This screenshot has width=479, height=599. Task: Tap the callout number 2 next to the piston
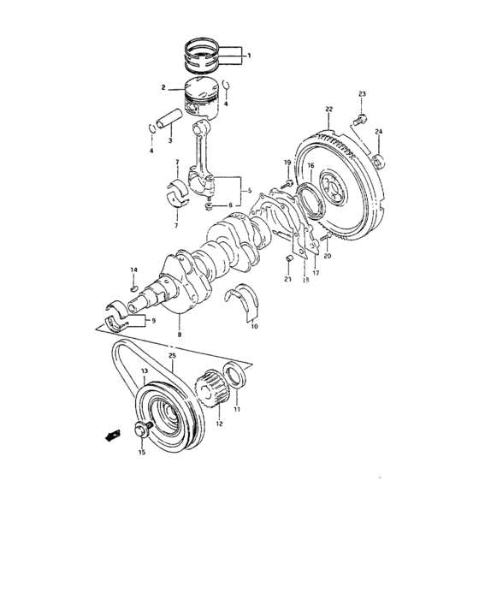[x=163, y=87]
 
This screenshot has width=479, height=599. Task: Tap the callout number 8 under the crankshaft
[x=179, y=334]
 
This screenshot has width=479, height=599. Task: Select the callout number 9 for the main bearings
[x=154, y=321]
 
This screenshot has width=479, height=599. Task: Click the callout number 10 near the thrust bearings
[x=253, y=326]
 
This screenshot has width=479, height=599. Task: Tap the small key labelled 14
[x=133, y=289]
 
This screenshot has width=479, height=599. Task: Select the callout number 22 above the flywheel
[x=328, y=109]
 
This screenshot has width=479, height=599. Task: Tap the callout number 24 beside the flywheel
[x=379, y=132]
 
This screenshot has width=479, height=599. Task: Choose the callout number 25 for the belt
[x=172, y=355]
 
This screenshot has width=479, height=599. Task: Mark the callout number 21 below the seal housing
[x=288, y=280]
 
